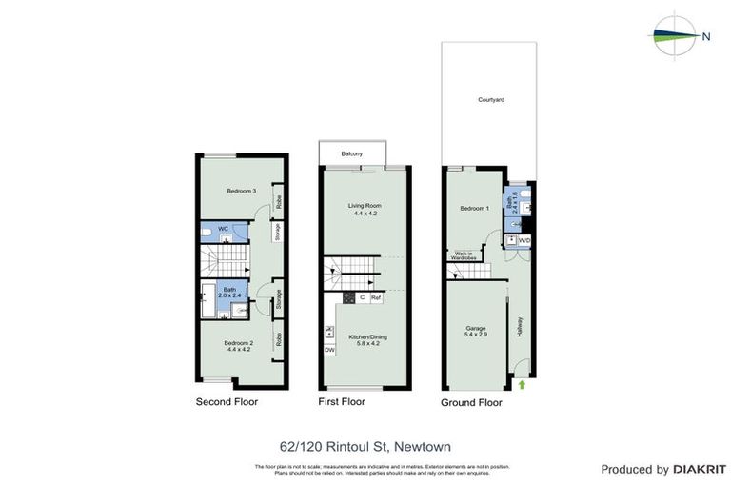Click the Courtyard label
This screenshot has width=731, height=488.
[491, 99]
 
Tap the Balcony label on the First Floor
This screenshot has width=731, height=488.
[352, 153]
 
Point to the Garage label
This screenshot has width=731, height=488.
[475, 328]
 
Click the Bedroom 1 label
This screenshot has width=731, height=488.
[474, 208]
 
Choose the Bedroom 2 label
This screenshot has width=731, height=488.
[238, 342]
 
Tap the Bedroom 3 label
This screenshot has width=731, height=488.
[242, 191]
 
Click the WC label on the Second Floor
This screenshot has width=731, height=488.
[224, 229]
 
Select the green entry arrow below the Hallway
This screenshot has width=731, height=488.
[522, 384]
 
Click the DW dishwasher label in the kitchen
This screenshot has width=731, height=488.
[329, 350]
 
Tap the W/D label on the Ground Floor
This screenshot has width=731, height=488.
[524, 240]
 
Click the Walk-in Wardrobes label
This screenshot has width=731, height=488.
[464, 255]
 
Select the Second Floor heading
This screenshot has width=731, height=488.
[227, 402]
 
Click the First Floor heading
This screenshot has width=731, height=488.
[342, 402]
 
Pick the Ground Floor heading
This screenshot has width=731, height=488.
[471, 403]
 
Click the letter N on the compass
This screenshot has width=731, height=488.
[706, 37]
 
